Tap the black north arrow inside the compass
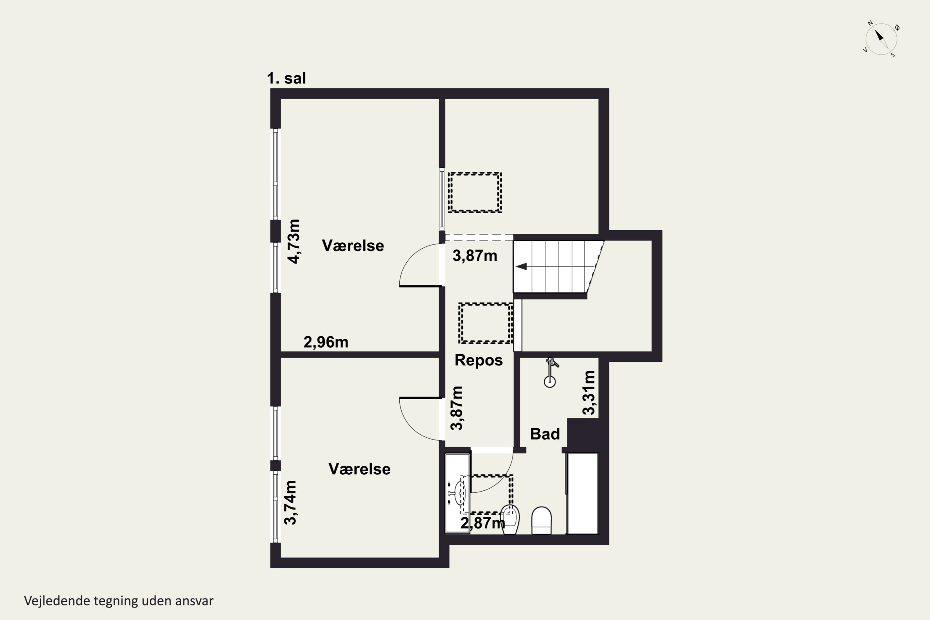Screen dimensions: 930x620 tap(879, 36)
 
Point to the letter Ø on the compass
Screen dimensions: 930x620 tap(897, 27)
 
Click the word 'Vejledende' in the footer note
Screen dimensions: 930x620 tap(57, 601)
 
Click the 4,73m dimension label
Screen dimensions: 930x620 tap(294, 241)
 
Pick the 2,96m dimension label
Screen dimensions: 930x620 tap(326, 342)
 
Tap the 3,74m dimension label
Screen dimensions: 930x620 tap(290, 503)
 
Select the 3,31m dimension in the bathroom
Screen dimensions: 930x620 tap(589, 393)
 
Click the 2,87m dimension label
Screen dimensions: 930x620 tap(483, 523)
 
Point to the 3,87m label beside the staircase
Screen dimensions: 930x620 tap(475, 256)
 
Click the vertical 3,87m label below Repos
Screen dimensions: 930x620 tap(456, 408)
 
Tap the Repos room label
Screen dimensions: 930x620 tap(478, 360)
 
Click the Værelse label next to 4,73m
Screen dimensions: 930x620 tap(353, 246)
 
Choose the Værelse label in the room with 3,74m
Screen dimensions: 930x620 tap(359, 469)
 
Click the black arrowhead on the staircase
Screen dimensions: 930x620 tap(521, 267)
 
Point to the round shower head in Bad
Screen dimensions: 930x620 tap(550, 382)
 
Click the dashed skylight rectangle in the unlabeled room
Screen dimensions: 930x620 tap(475, 193)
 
